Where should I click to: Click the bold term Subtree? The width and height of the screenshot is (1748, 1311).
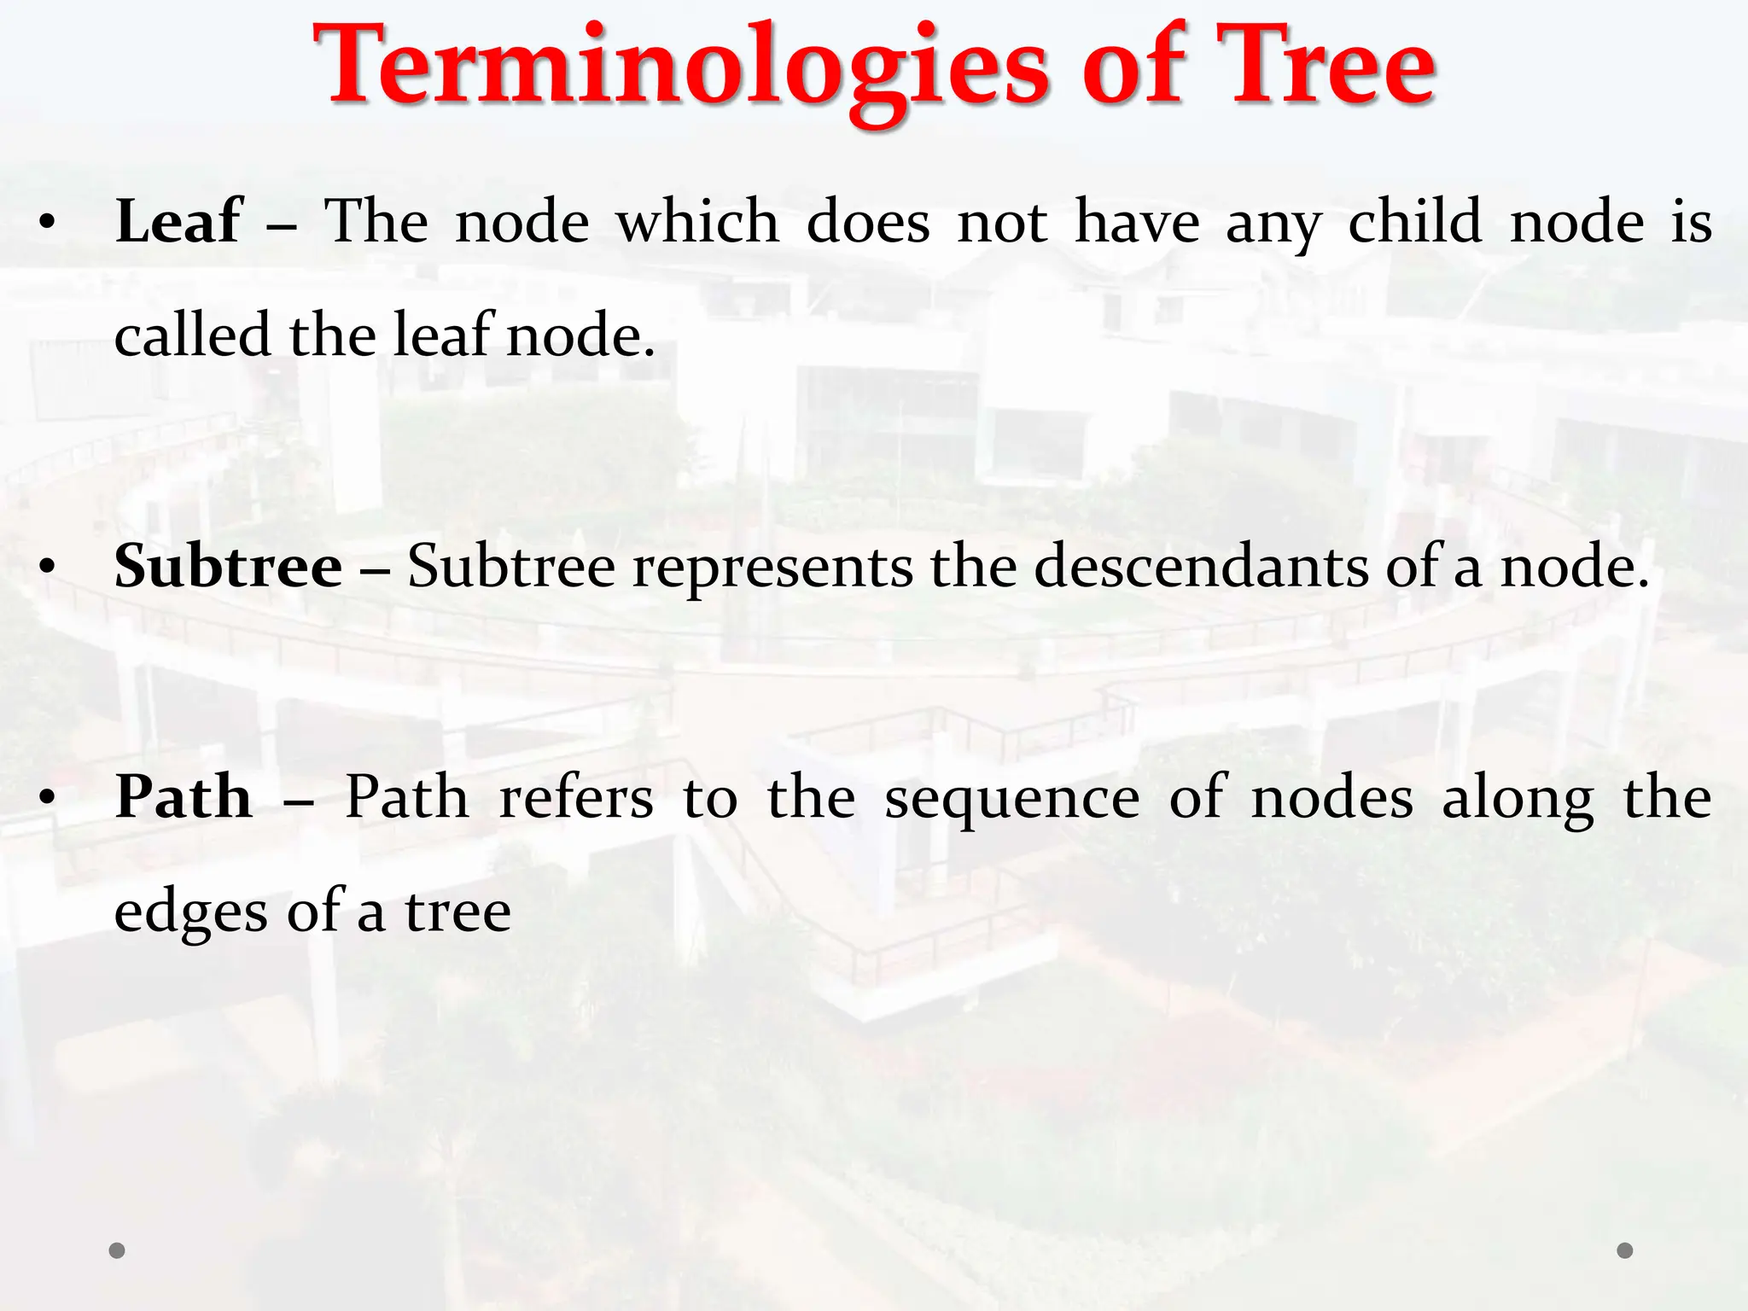[229, 567]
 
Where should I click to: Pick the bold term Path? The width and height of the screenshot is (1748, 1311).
[184, 797]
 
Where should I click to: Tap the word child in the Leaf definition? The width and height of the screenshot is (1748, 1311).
[1414, 222]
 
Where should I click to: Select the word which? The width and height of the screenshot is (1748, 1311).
[697, 222]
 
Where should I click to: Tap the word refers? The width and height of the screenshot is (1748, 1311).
[576, 797]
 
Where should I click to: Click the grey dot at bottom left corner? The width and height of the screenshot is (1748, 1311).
[118, 1250]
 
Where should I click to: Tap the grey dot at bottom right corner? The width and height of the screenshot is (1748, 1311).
[1625, 1250]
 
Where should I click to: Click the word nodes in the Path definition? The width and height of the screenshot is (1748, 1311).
[1331, 799]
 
